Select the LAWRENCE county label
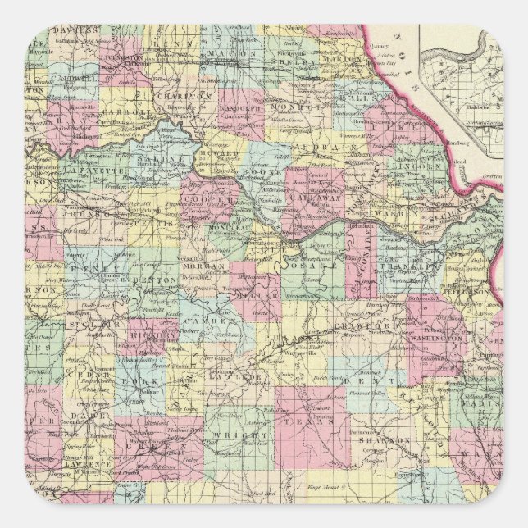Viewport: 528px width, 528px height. tap(85, 463)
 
